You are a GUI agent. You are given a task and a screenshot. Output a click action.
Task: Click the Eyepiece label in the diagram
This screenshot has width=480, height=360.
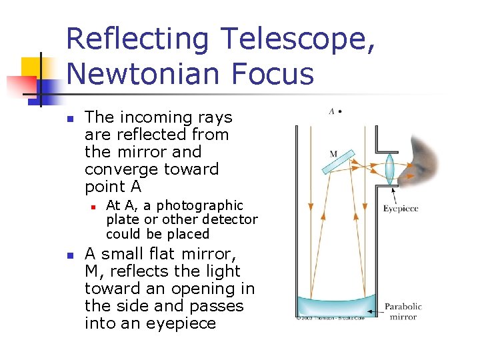[401, 209]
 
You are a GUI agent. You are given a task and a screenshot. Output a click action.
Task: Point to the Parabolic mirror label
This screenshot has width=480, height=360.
[403, 311]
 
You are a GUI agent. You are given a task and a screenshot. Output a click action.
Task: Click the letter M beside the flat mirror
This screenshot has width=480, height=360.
[333, 154]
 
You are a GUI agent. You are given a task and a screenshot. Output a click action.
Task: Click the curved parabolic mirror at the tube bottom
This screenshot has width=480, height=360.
[336, 307]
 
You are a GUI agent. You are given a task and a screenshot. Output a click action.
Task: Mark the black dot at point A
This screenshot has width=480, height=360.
[340, 111]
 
